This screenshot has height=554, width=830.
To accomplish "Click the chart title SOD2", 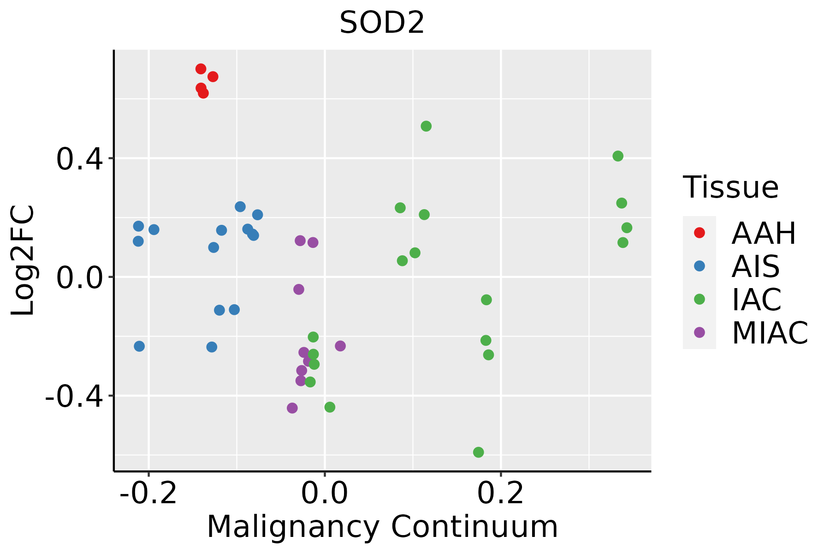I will coord(382,23).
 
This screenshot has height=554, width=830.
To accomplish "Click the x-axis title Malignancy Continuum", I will coord(382,527).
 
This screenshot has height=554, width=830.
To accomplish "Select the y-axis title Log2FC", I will coord(23,260).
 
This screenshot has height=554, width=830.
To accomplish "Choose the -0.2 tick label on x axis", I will coord(148,493).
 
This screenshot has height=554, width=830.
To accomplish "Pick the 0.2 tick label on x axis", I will coord(501,493).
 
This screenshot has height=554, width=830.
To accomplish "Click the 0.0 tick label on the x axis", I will coord(325,493).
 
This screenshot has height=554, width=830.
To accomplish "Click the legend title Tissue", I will coord(731,187).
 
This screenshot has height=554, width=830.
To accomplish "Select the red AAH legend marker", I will coord(700,233).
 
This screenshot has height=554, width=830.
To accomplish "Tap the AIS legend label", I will coord(756,266).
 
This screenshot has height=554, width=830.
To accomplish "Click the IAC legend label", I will coord(757,300).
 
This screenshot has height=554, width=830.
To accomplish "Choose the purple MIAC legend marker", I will coord(700,332).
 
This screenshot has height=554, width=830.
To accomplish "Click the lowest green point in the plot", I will coord(479,452).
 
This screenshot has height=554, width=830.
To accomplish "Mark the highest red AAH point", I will coord(201,69).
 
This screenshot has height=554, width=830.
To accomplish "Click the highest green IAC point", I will coord(426,126).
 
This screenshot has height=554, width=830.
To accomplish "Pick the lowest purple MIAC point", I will coord(292,408).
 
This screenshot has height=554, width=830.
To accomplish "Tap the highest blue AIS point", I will coord(240,206).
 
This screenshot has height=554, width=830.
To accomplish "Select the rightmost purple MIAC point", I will coord(340,346).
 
